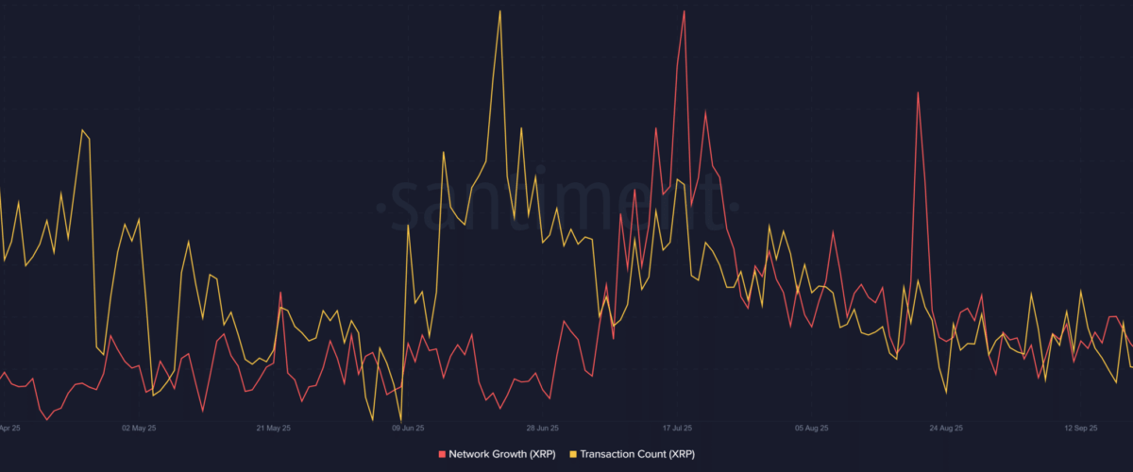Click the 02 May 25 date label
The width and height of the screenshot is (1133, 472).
[139, 428]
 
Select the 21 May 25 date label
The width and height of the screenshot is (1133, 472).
[274, 428]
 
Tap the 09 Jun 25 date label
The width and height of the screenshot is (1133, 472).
[408, 428]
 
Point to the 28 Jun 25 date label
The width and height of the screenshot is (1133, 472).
[543, 428]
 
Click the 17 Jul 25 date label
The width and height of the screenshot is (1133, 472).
[677, 428]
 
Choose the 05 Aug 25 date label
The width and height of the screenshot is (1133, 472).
[812, 428]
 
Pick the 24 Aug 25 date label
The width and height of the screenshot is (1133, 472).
[946, 428]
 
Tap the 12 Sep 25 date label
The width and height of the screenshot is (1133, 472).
[1081, 428]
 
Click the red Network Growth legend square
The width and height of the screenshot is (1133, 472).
[443, 455]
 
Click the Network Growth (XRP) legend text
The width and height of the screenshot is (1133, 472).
[499, 455]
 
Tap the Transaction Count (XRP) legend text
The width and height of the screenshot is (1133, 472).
[635, 455]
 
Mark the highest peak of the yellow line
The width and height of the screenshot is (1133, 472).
[499, 11]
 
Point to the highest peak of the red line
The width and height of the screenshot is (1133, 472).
[684, 11]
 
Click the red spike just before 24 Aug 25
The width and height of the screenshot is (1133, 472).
[917, 93]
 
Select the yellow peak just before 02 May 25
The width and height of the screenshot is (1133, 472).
[82, 130]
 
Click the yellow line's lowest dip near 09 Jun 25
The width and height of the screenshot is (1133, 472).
[401, 420]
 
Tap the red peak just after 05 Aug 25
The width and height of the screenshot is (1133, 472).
[833, 231]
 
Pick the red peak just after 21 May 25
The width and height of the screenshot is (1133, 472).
[280, 294]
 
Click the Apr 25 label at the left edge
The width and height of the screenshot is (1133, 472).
[11, 428]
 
